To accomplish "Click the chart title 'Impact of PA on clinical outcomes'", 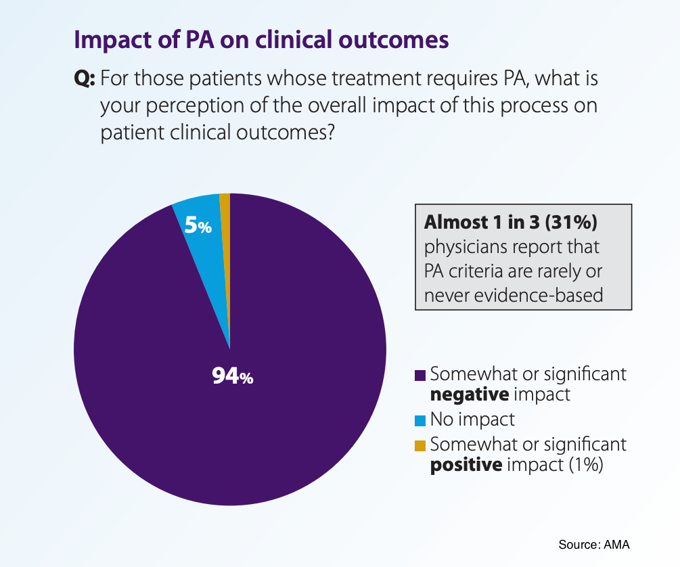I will [261, 39].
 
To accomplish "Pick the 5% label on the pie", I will [198, 227].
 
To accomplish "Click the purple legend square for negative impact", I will [420, 375].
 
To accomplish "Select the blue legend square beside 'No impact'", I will [420, 420].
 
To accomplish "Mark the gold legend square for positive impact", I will [420, 445].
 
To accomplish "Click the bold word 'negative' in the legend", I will [470, 394].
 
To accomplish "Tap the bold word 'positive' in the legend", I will [466, 465].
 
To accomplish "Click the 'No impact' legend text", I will [472, 419].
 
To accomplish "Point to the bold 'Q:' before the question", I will [84, 79].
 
